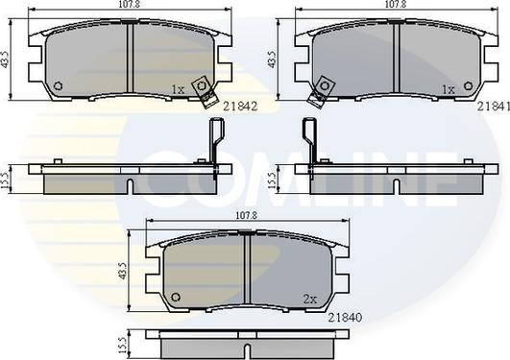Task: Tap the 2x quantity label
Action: (310, 299)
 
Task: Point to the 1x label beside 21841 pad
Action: (447, 90)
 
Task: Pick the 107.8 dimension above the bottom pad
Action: (247, 218)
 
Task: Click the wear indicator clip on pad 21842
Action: (204, 88)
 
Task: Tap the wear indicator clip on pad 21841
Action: (316, 88)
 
